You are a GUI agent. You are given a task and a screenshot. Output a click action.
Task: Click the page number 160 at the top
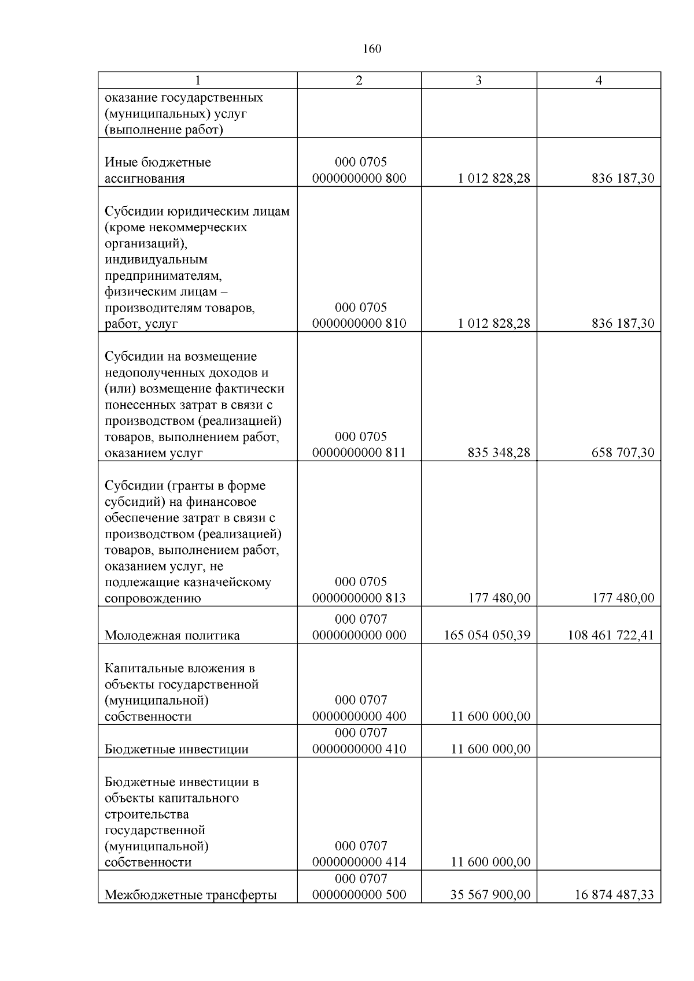[x=372, y=49]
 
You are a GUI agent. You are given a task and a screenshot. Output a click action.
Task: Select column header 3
[x=478, y=80]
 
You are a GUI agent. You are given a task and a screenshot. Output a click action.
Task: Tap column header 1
[x=197, y=80]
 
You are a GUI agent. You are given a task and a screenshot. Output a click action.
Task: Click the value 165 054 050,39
[x=487, y=635]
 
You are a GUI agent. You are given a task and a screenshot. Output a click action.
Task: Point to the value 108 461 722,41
[x=611, y=635]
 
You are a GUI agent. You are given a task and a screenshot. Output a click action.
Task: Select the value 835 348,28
[x=499, y=453]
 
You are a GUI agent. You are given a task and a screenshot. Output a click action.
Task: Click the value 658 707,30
[x=623, y=453]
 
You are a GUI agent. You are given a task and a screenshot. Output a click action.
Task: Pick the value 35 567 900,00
[x=490, y=895]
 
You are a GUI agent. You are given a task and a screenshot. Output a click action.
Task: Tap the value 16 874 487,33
[x=614, y=895]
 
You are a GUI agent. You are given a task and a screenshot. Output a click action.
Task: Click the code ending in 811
[x=359, y=453]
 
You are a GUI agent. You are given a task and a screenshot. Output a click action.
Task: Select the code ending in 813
[x=359, y=598]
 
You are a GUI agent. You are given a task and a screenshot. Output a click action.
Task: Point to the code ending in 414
[x=359, y=862]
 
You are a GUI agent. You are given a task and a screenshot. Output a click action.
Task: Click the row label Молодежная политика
[x=172, y=636]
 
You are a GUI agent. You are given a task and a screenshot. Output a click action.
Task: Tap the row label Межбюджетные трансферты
[x=191, y=895]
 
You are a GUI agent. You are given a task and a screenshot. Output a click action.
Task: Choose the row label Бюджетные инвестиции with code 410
[x=176, y=749]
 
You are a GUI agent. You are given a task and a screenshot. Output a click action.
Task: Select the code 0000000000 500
[x=359, y=895]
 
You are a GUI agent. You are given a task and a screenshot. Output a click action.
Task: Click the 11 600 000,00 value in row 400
[x=490, y=716]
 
